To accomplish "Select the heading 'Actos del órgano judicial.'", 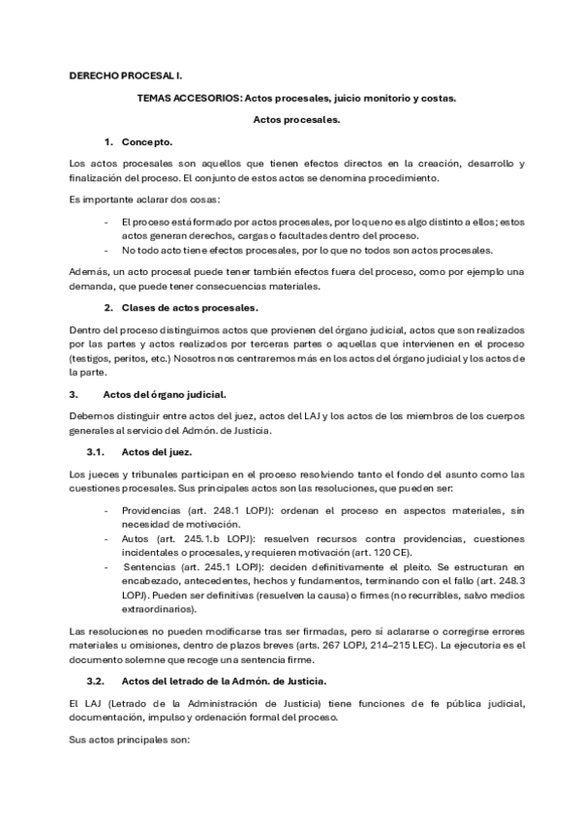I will click(164, 394).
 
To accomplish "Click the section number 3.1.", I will click(97, 451).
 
